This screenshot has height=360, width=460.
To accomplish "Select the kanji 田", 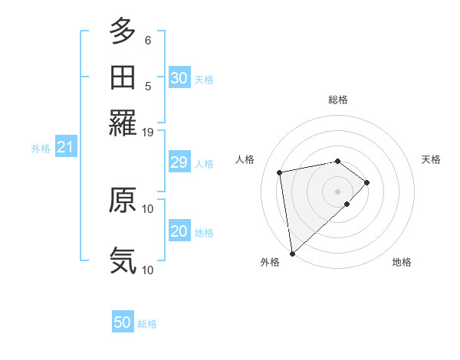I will pos(123,77).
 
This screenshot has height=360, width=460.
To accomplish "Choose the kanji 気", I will pos(123,260).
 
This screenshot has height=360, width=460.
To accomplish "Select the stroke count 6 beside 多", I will pos(148,40).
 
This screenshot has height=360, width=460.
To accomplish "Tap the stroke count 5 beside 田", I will pos(148,86).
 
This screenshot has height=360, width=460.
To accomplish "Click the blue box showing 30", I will pos(179,77).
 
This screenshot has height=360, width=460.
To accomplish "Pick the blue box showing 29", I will pos(179,162).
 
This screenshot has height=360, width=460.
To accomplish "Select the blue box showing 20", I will pos(179,231).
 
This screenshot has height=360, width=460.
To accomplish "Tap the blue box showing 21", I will pos(65,147).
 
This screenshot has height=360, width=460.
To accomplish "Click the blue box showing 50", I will pos(123,322).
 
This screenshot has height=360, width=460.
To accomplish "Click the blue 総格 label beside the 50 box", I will pos(148,324).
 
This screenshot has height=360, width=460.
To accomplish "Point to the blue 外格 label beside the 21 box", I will pos(41,148).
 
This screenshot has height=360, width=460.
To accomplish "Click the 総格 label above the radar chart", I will pos(338,100).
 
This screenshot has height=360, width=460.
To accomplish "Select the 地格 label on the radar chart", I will pos(402,263).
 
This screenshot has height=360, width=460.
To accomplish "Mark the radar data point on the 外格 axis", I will pos(292,254).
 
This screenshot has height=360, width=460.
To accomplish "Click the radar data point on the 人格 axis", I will pos(281,172).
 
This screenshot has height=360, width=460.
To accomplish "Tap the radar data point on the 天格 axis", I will pos(367,182).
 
